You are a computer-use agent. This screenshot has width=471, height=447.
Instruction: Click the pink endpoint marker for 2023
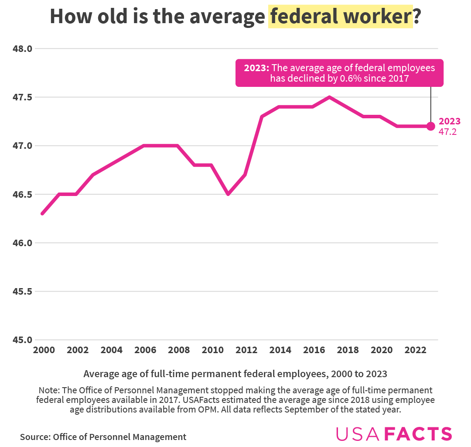tap(431, 126)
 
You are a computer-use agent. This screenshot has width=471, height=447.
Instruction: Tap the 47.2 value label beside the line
tap(447, 132)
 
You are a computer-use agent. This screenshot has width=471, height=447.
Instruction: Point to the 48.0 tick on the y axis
tap(23, 49)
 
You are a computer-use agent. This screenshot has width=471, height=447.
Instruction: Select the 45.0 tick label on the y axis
tap(23, 340)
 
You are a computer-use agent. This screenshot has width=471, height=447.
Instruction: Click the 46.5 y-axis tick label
tap(23, 194)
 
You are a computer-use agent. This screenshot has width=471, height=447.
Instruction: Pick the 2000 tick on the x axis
tap(42, 350)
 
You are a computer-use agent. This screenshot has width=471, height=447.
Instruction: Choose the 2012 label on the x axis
tap(246, 350)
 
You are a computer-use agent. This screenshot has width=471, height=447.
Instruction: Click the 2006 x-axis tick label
tap(144, 350)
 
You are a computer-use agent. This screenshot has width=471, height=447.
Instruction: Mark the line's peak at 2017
tap(330, 97)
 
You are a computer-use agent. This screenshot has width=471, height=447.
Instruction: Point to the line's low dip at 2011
tap(228, 194)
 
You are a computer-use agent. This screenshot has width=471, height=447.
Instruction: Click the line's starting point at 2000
tap(42, 213)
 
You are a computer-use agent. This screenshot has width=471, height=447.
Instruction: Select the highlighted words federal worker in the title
tap(341, 17)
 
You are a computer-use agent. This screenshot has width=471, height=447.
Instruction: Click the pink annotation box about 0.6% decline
tap(339, 73)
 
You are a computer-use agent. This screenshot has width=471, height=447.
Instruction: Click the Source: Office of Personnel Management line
tap(103, 437)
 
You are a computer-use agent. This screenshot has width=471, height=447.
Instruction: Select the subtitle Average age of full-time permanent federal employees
tap(235, 374)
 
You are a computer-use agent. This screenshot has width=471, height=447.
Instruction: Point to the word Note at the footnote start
tap(48, 390)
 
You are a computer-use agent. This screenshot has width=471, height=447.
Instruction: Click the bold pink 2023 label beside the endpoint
tap(449, 121)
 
